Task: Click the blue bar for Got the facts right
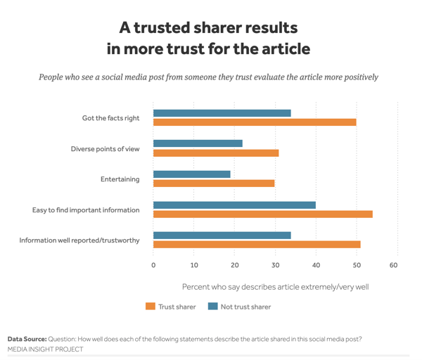(x=222, y=113)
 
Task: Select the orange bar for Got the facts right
(x=255, y=122)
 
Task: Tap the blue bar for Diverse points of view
(x=198, y=143)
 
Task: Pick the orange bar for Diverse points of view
(x=216, y=153)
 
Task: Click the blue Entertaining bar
(x=191, y=174)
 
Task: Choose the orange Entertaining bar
(x=214, y=184)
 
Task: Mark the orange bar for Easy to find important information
(x=262, y=214)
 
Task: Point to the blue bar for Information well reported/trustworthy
(x=222, y=235)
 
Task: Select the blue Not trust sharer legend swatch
(x=213, y=307)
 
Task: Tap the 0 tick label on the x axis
(x=153, y=265)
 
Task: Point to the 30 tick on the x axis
(x=275, y=265)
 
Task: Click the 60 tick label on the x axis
(x=394, y=265)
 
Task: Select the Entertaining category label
(x=120, y=179)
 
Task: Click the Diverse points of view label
(x=105, y=148)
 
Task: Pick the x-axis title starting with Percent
(x=275, y=287)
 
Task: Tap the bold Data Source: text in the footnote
(x=27, y=339)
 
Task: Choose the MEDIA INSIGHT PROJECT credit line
(x=45, y=349)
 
